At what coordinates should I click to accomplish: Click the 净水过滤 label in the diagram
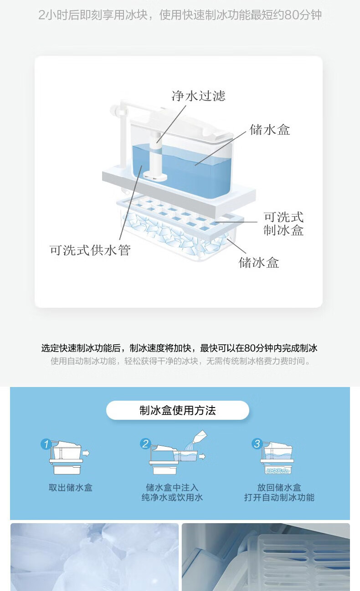pos(199,96)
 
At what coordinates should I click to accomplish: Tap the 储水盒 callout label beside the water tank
pos(270,130)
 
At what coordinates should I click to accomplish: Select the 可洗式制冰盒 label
pos(283,224)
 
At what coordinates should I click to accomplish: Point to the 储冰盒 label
pos(259,263)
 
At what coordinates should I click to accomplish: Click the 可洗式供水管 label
pos(90,250)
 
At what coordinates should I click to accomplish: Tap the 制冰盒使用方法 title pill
pos(177,410)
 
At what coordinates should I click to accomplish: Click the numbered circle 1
pos(46,444)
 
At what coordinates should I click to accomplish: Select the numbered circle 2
pos(145,443)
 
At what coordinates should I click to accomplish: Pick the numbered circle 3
pos(257,443)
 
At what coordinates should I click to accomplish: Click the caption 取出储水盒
pos(71,487)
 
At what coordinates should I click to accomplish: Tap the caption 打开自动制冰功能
pos(279,497)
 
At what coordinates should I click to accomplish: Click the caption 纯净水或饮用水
pos(172,497)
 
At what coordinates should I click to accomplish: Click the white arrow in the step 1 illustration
pos(86,453)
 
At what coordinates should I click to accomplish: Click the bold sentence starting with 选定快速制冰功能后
pos(180,348)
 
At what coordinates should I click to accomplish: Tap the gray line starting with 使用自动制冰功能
pos(180,361)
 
